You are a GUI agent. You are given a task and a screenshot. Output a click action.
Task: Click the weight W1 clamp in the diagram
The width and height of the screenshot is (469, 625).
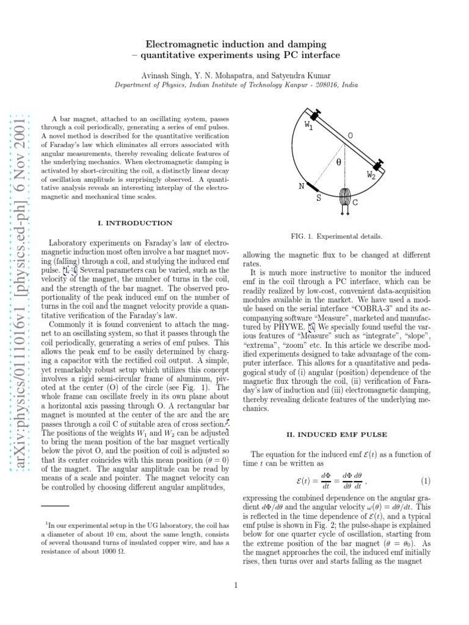(316, 115)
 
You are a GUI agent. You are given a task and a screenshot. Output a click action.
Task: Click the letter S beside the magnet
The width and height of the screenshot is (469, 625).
(318, 198)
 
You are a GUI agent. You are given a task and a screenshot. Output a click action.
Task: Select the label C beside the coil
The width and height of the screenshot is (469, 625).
(355, 202)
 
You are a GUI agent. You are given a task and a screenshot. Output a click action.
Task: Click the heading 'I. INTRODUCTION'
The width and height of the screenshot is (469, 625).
(135, 223)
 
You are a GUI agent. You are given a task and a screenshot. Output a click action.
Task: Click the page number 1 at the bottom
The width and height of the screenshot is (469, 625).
(235, 587)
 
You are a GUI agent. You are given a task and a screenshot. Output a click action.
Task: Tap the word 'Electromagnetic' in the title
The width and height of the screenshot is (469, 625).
(183, 45)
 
